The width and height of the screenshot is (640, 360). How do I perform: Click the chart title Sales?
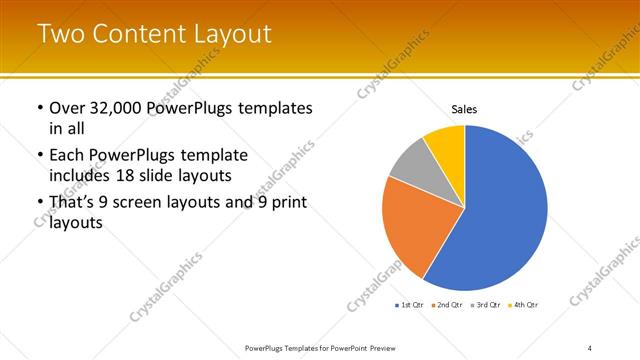pos(465,108)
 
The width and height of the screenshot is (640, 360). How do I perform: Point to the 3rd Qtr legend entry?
pos(486,304)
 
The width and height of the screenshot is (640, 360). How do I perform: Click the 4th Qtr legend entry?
pos(524,304)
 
